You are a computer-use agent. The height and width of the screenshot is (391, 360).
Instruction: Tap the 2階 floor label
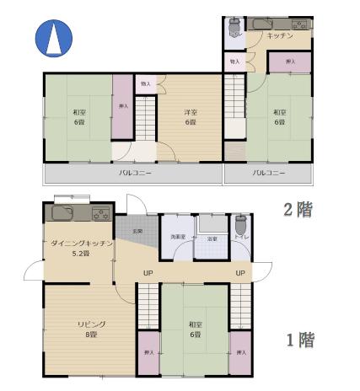pyautogui.click(x=298, y=209)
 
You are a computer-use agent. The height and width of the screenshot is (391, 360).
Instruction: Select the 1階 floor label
pyautogui.click(x=298, y=340)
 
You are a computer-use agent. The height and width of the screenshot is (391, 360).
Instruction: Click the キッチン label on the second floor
pyautogui.click(x=279, y=36)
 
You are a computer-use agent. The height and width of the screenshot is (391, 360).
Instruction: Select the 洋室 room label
pyautogui.click(x=191, y=114)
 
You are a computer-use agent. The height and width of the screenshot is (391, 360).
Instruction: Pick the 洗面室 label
pyautogui.click(x=178, y=238)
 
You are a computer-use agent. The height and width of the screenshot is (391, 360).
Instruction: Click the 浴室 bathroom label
pyautogui.click(x=212, y=238)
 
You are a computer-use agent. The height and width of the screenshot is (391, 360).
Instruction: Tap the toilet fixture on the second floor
pyautogui.click(x=234, y=29)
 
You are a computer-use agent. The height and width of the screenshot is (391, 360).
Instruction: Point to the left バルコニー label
pyautogui.click(x=135, y=173)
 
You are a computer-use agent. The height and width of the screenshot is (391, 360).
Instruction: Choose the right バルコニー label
pyautogui.click(x=269, y=173)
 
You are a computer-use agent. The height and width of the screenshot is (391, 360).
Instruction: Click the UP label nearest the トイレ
pyautogui.click(x=240, y=273)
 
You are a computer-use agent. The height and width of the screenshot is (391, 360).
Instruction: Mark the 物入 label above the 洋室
pyautogui.click(x=146, y=84)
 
